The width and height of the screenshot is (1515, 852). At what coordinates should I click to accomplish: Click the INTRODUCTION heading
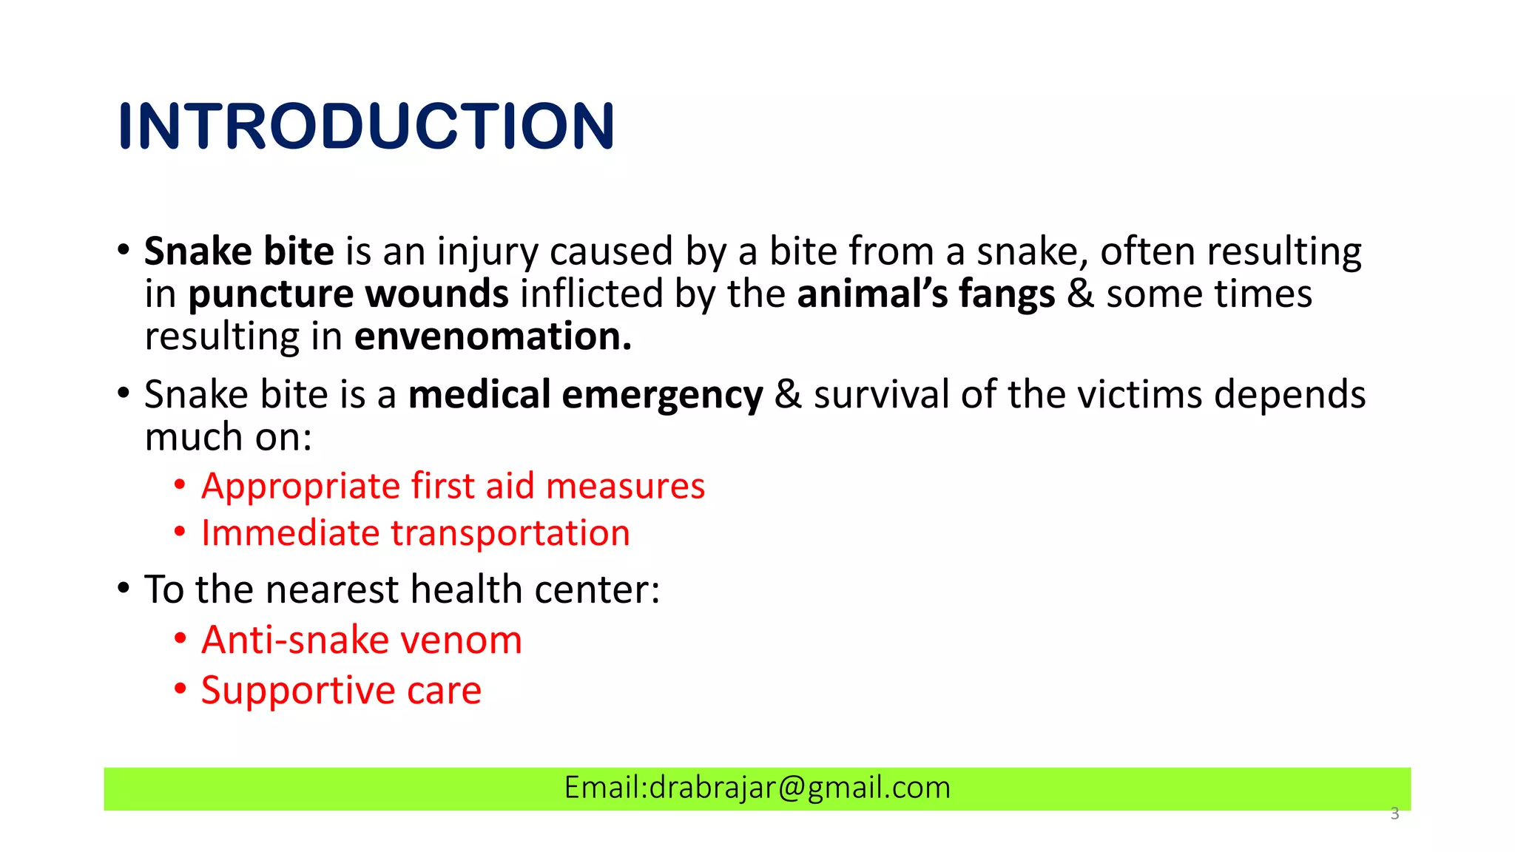click(x=366, y=126)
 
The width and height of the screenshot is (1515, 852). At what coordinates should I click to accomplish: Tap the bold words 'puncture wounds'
click(x=348, y=294)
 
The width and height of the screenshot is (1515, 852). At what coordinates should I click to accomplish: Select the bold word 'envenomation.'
click(x=493, y=337)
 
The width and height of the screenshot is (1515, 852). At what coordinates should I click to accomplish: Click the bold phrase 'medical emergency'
click(x=585, y=394)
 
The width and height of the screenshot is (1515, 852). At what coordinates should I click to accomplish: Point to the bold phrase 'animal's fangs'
click(x=925, y=294)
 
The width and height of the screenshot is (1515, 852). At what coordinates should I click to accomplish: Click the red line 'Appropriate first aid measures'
click(x=453, y=487)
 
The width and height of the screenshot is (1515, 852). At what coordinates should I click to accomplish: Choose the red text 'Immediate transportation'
click(x=415, y=533)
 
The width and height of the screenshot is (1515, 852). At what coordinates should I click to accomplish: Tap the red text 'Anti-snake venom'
click(x=361, y=640)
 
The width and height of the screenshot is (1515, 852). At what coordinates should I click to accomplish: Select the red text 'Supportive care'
click(x=341, y=691)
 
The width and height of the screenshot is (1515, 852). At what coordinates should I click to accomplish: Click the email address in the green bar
click(x=757, y=788)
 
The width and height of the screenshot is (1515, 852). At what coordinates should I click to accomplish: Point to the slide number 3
click(x=1394, y=814)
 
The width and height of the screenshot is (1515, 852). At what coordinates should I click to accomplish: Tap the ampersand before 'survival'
click(x=788, y=394)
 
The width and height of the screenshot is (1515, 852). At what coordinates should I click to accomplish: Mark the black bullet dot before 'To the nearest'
click(x=124, y=589)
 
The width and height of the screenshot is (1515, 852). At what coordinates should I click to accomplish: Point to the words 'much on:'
click(x=228, y=437)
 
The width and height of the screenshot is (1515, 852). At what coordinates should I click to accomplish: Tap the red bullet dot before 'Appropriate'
click(x=180, y=485)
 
